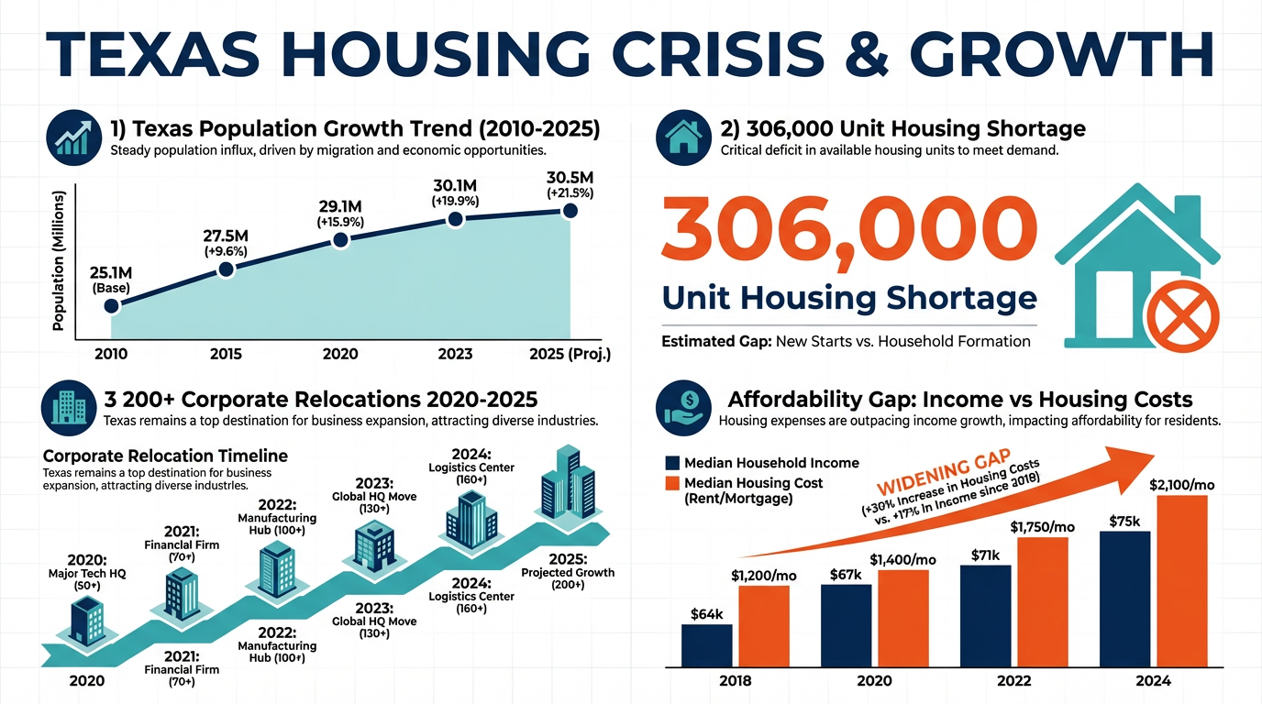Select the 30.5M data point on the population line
coord(570,211)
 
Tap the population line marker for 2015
coord(227,269)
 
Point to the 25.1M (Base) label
coord(112,280)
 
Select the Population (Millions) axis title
coord(61,261)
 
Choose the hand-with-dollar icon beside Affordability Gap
coord(683,409)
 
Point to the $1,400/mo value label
coord(903,559)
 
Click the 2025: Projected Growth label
coord(568,573)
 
